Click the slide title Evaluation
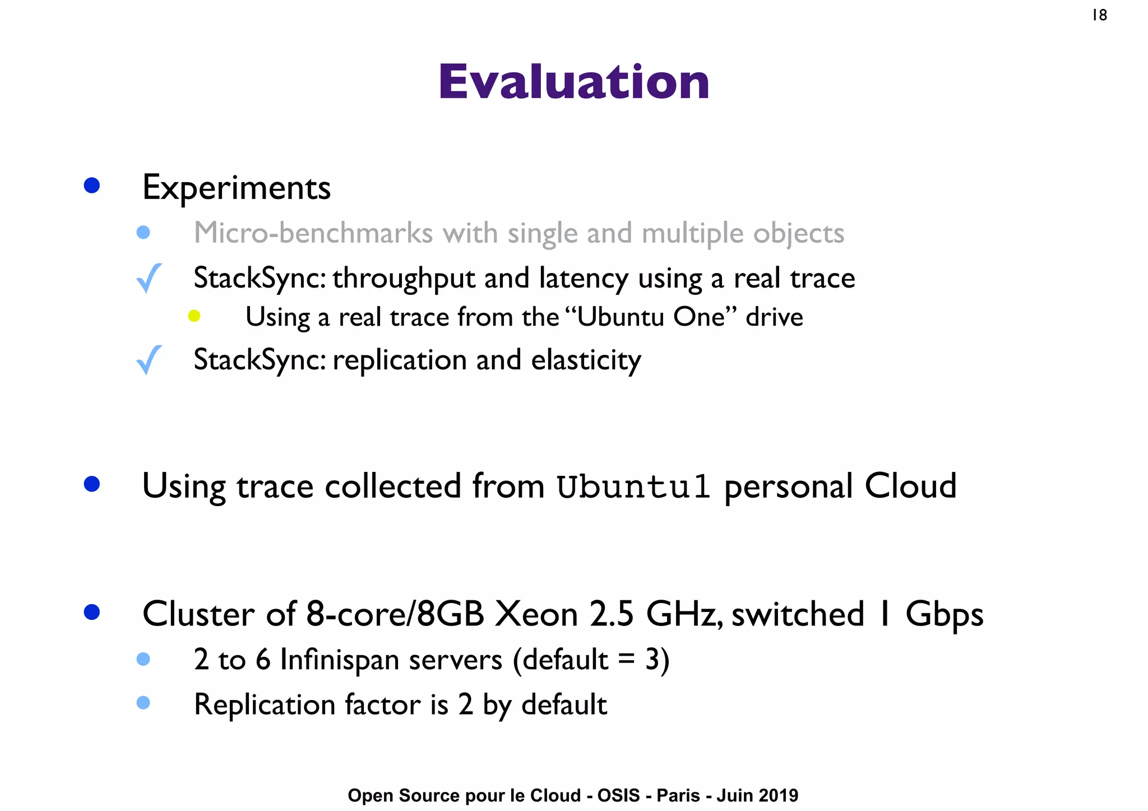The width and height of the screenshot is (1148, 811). coord(573,82)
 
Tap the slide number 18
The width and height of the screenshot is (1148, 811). coord(1099,15)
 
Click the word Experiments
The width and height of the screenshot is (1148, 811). coord(236,188)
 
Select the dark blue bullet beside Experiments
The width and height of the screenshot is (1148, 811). coord(91,186)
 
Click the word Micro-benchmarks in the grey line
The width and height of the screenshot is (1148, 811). coord(313,233)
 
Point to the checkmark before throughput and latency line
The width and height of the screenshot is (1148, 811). coord(149,278)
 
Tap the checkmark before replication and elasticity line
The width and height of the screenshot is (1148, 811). coord(149,360)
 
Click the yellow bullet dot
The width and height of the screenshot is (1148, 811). coord(194,316)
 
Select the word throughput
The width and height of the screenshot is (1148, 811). coord(404,279)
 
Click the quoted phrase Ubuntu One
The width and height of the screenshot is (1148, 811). coord(650,317)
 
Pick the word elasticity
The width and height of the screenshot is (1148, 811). coord(586,360)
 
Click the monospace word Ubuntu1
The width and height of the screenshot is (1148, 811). coord(633,486)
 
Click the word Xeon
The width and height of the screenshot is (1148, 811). coord(536,614)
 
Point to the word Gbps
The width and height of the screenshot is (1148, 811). coord(944,615)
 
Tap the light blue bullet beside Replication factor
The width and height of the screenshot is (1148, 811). coord(143,703)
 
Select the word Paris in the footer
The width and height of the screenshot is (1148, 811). coord(678,795)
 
